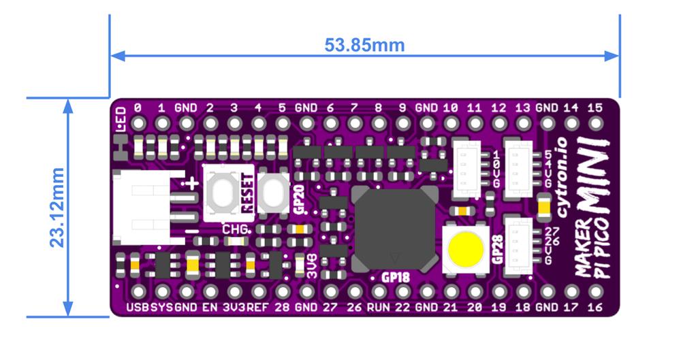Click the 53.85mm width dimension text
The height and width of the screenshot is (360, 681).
(364, 46)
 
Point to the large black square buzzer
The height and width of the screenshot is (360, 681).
(394, 227)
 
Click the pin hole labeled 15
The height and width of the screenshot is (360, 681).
(595, 123)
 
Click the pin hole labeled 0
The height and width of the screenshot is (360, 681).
(138, 123)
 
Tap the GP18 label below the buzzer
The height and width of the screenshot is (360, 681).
(395, 277)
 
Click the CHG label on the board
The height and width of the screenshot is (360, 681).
(234, 229)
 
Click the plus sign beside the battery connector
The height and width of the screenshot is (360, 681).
(193, 182)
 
